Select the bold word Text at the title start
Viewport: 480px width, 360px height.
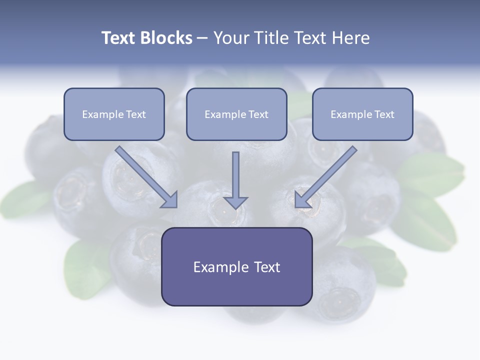pyautogui.click(x=118, y=38)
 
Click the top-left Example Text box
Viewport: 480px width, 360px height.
pyautogui.click(x=114, y=114)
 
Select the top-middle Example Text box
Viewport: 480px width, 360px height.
pyautogui.click(x=236, y=114)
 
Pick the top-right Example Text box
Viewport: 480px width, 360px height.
pyautogui.click(x=362, y=114)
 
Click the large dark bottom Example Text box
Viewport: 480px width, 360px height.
pyautogui.click(x=236, y=266)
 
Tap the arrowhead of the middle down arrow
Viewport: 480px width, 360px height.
pyautogui.click(x=235, y=202)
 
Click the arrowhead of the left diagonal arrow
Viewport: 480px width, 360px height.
pyautogui.click(x=170, y=200)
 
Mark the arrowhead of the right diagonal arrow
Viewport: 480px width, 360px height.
pyautogui.click(x=302, y=200)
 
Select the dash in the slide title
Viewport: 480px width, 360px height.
pyautogui.click(x=202, y=38)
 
